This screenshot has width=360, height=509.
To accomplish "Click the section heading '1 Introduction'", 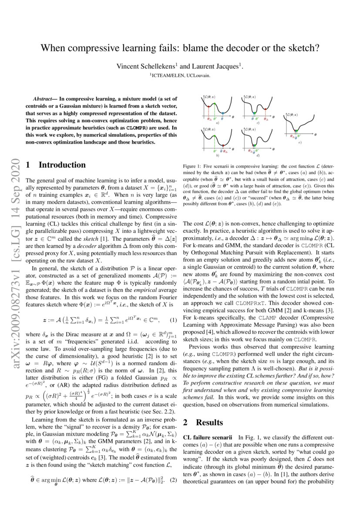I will click(x=56, y=165).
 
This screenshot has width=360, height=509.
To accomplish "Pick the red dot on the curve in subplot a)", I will click(x=209, y=106).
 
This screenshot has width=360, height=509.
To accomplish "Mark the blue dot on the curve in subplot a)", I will click(x=222, y=113).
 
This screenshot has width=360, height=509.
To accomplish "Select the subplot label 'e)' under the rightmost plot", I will click(x=300, y=142).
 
